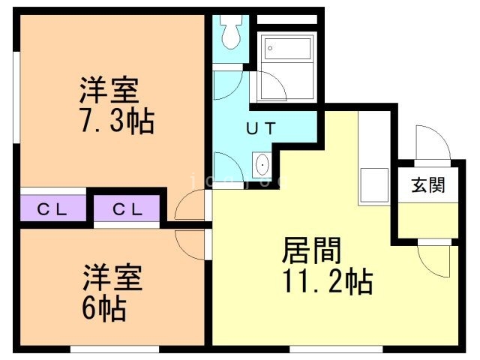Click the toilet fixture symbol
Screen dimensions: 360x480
(x=230, y=30)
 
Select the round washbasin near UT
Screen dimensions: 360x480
(x=262, y=163)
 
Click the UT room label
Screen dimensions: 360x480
(x=262, y=127)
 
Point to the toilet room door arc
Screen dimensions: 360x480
(x=226, y=82)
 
